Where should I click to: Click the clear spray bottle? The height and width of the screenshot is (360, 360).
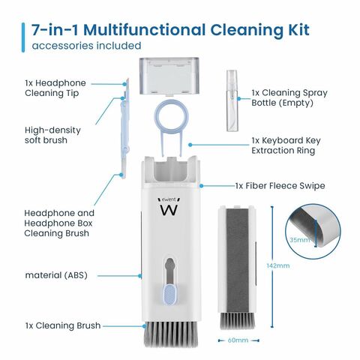(x=232, y=100)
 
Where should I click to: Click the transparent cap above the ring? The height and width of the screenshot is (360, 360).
(x=169, y=76)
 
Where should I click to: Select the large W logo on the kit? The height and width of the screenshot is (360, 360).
(x=169, y=210)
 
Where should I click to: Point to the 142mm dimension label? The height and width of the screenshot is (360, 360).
(x=278, y=265)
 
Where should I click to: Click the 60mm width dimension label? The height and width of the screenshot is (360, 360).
(x=238, y=340)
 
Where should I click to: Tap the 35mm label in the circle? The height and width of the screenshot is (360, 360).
(x=299, y=240)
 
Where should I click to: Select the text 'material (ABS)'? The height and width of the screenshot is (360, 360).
(x=56, y=275)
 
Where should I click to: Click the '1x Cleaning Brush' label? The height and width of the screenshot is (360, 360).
(x=63, y=325)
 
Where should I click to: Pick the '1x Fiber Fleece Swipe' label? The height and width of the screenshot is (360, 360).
(x=280, y=186)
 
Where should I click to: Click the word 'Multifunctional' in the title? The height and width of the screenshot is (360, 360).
(x=145, y=30)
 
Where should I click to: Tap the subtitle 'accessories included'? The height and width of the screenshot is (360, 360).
(x=86, y=46)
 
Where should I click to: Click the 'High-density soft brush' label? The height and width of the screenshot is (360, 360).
(x=52, y=135)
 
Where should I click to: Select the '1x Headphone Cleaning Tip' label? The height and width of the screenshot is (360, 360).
(x=55, y=88)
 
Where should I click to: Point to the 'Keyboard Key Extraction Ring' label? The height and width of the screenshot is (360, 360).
(x=286, y=145)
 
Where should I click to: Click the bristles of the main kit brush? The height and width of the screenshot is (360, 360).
(x=170, y=334)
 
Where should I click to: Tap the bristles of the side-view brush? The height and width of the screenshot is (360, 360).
(x=238, y=320)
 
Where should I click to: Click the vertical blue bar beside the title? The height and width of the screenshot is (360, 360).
(x=23, y=37)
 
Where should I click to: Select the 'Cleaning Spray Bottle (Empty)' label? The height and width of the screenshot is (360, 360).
(x=289, y=97)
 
